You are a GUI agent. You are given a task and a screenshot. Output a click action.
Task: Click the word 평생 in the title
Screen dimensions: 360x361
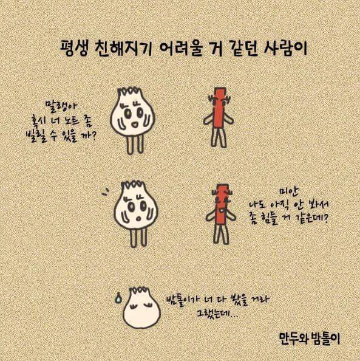[74, 49]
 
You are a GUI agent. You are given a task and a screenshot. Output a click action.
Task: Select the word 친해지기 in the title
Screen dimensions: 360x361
[123, 49]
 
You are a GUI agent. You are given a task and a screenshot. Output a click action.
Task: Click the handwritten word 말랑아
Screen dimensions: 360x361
[62, 107]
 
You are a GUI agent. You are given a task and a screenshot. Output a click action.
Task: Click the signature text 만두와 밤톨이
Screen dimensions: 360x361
[309, 339]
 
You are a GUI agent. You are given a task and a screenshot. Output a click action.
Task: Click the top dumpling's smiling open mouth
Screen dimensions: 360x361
[135, 125]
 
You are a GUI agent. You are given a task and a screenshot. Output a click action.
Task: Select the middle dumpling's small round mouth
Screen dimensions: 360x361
[138, 218]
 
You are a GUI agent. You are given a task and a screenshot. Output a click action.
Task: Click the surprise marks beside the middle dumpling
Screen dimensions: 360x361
[105, 191]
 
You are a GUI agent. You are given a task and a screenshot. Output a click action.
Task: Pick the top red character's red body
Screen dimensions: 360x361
[218, 108]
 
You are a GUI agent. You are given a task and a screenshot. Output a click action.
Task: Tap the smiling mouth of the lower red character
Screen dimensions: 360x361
[222, 210]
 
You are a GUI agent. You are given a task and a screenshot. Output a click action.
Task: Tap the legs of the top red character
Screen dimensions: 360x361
[219, 137]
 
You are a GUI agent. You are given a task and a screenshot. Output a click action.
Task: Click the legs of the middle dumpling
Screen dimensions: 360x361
[138, 237]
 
